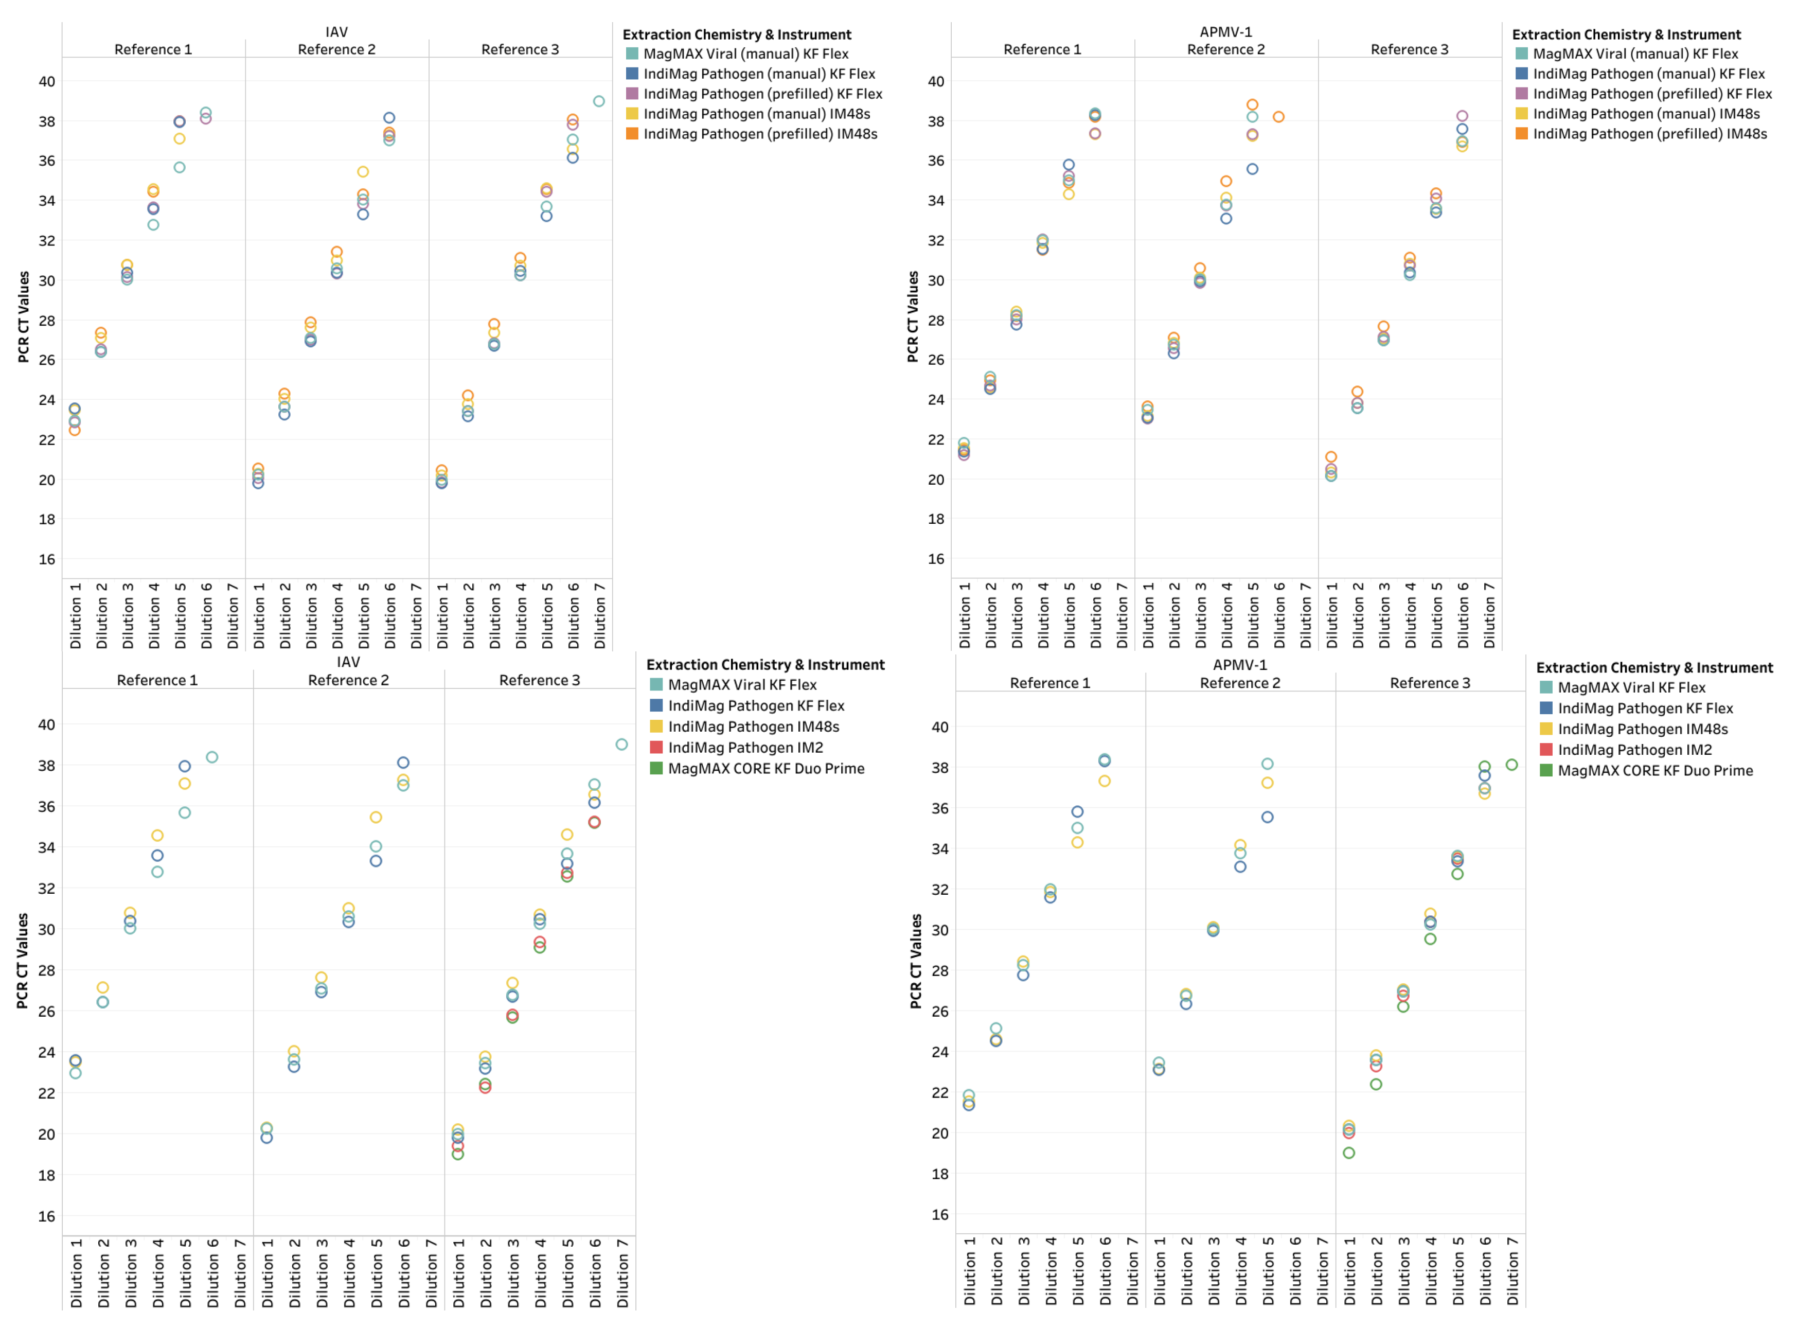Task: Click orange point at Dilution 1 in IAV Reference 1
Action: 75,431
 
